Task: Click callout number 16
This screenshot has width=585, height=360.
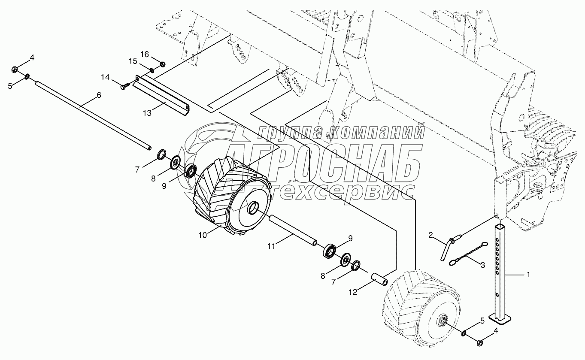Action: (x=145, y=54)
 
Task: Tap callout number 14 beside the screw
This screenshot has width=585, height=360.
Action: (x=106, y=77)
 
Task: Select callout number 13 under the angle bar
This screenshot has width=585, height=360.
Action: (x=147, y=113)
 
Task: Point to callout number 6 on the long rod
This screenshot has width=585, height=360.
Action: (x=99, y=95)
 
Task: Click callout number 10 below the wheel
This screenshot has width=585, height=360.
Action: (x=203, y=235)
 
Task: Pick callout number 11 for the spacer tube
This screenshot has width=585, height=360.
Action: (x=271, y=246)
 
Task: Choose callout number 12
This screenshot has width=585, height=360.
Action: (x=353, y=292)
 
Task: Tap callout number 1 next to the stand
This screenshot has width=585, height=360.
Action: (x=528, y=275)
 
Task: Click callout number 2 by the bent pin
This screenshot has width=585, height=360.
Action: (x=431, y=236)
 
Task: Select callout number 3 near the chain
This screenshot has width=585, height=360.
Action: (x=483, y=265)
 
